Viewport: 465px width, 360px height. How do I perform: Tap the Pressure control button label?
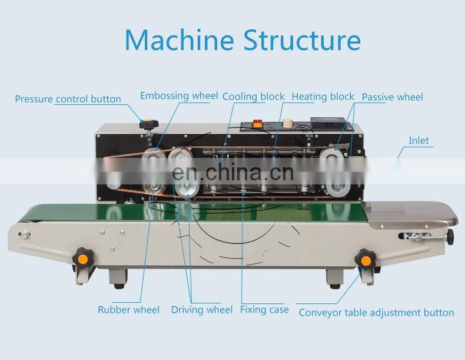[68, 99]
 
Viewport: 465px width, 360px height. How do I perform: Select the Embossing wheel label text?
[179, 95]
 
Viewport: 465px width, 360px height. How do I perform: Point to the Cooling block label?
[253, 96]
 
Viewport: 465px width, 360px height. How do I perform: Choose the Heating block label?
[323, 96]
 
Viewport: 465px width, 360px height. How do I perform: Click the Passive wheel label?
[392, 97]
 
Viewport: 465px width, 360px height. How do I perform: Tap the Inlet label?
[418, 140]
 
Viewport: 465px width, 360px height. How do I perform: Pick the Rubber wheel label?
[128, 309]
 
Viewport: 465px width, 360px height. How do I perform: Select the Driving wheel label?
[202, 309]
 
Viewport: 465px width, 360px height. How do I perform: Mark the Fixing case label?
[264, 309]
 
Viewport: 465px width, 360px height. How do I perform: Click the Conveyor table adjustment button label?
[376, 312]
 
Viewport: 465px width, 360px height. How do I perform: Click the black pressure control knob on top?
[145, 125]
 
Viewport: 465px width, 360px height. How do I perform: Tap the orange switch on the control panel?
[257, 124]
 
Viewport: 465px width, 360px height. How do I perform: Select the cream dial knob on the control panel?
[288, 124]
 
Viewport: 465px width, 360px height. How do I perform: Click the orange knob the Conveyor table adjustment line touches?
[366, 259]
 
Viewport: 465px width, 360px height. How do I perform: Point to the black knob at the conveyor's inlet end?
[450, 236]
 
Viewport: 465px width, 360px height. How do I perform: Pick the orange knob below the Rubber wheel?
[82, 257]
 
